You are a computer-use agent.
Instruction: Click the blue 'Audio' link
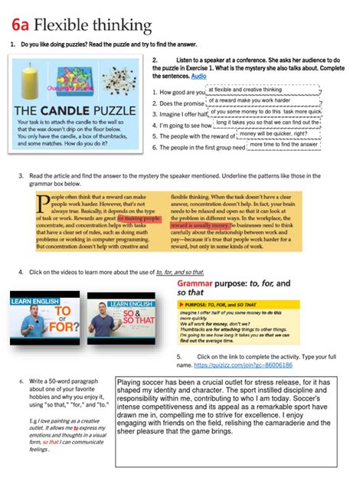click(x=198, y=77)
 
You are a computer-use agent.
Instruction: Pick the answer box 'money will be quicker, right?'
click(x=273, y=133)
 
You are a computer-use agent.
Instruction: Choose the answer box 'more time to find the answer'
click(x=284, y=144)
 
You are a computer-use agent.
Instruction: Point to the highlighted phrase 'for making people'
click(x=139, y=218)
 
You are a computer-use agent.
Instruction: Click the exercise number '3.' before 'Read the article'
click(x=21, y=175)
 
